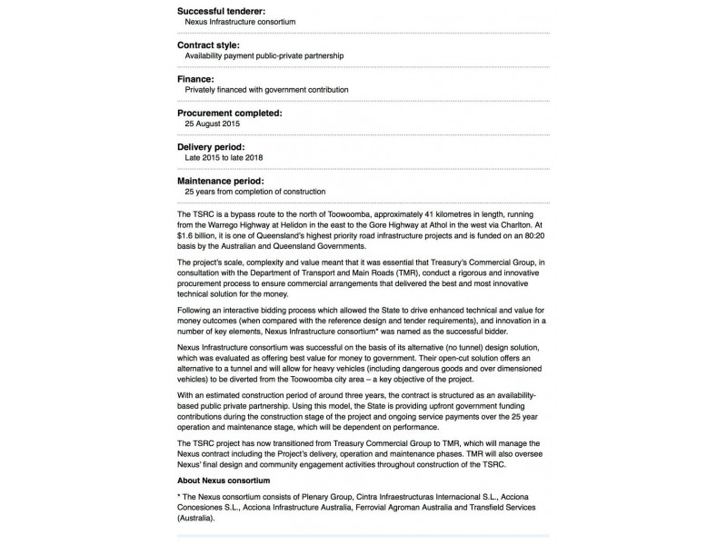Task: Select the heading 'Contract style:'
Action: (211, 44)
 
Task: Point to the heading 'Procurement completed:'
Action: (230, 113)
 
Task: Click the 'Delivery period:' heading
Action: (211, 147)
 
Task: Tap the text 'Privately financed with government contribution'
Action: (266, 90)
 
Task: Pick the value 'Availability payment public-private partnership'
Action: (264, 55)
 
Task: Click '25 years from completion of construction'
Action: (254, 192)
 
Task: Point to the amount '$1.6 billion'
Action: (197, 235)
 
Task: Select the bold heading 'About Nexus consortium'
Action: (224, 479)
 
